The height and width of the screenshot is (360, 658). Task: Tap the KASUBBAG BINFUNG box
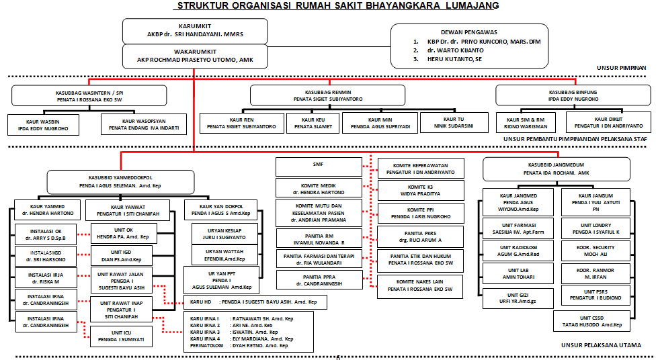pos(573,95)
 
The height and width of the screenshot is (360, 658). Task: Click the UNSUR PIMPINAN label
pos(621,68)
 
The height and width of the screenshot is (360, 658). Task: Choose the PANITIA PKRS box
pos(421,236)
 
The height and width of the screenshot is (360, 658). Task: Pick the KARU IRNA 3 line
pos(242,332)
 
